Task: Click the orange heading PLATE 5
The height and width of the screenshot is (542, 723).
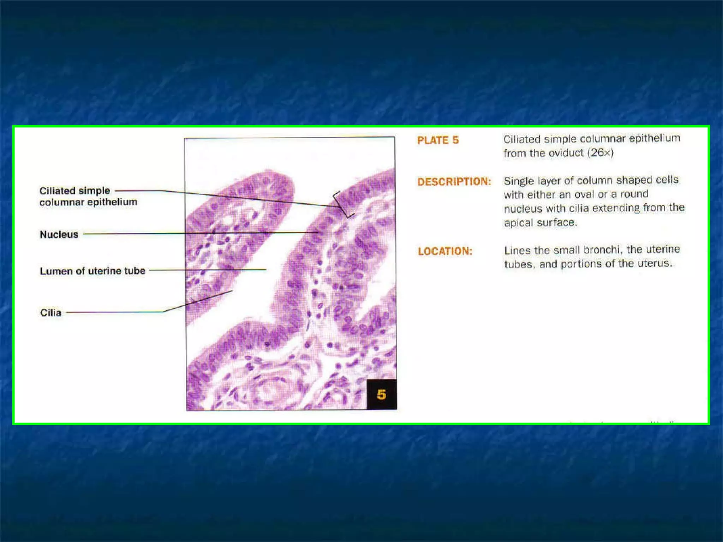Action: (438, 140)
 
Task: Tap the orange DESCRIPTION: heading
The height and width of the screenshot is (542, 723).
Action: (454, 182)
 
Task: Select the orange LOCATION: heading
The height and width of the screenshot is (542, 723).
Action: (445, 251)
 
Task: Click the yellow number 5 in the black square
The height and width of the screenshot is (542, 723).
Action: (381, 394)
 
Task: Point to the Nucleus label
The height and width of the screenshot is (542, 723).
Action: (59, 234)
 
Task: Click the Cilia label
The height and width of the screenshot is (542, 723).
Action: (51, 313)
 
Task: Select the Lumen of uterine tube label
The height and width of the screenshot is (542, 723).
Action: (92, 271)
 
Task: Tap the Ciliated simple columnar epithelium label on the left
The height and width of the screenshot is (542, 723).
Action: (88, 196)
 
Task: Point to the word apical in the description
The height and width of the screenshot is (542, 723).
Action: (519, 223)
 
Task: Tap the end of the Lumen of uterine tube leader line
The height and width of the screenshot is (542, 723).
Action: (265, 270)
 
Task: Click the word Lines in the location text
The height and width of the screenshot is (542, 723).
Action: (517, 251)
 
